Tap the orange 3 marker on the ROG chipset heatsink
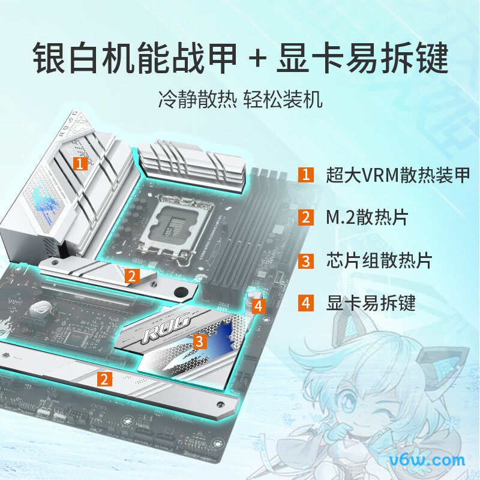point(200,342)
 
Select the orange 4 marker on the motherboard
point(258,307)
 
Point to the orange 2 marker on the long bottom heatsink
point(104,379)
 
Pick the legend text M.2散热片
point(367,217)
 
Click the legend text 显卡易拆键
point(370,303)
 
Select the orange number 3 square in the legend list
point(306,260)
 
